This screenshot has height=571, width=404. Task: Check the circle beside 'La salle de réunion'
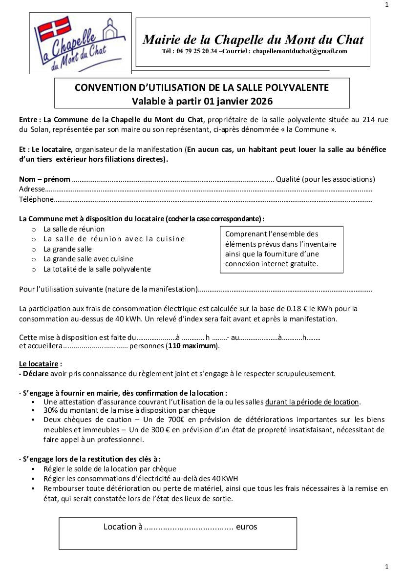[x=34, y=229]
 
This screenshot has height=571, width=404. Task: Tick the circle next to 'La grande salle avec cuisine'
[x=34, y=259]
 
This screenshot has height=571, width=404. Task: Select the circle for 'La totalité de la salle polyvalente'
[x=34, y=269]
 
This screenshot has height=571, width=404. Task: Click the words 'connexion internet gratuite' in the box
[x=272, y=264]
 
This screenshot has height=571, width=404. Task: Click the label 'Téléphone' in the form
[x=36, y=199]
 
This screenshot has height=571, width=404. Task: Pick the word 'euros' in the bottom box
[x=246, y=527]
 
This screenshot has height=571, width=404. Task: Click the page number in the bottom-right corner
[x=387, y=567]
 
